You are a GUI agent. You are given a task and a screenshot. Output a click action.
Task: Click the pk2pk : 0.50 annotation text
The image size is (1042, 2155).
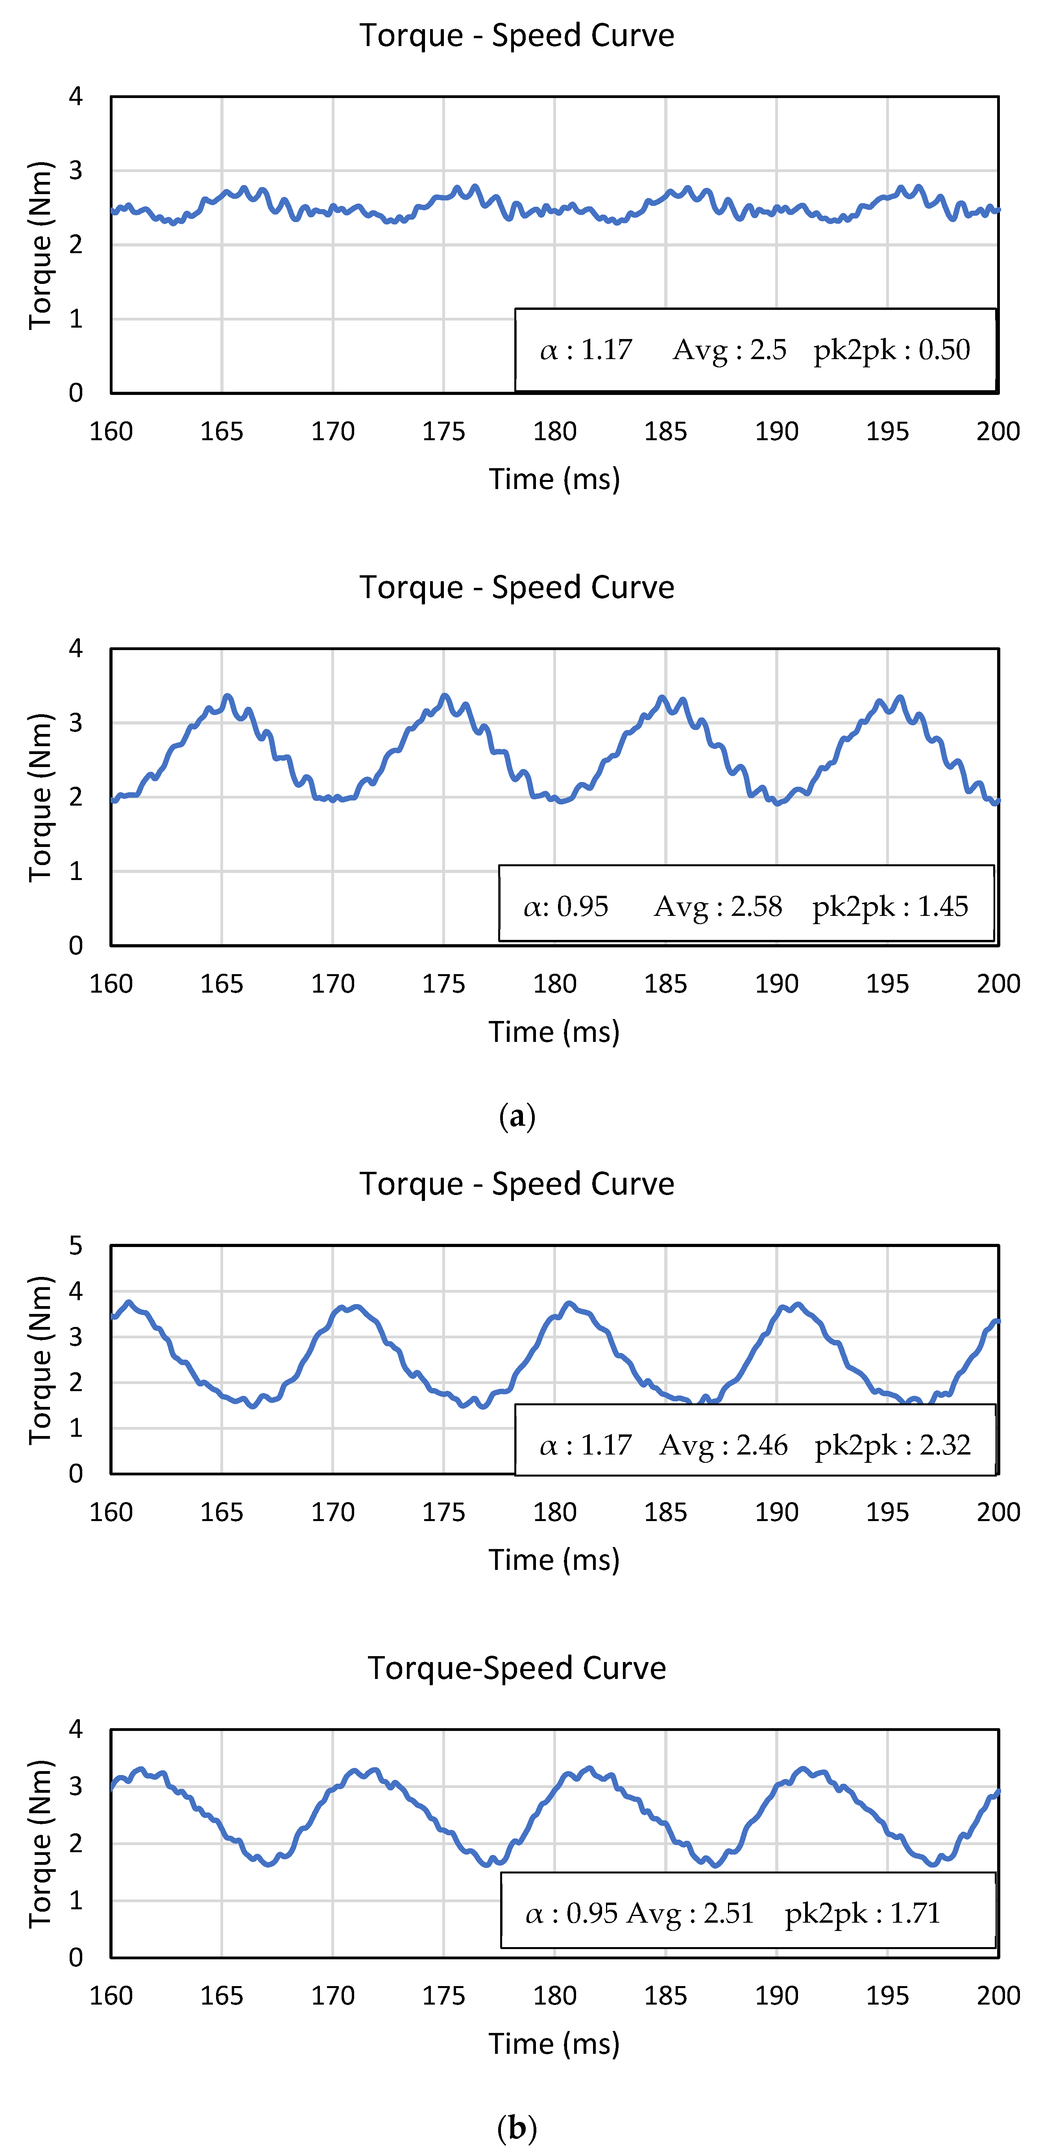point(891,350)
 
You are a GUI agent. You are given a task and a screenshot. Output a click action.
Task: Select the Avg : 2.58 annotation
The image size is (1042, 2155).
point(717,906)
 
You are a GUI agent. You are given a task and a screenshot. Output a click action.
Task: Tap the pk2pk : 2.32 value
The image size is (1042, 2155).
point(892,1445)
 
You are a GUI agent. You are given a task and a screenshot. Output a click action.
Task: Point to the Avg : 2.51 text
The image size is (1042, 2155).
point(690,1912)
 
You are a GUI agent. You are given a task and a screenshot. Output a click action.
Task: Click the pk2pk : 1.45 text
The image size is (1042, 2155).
point(890,906)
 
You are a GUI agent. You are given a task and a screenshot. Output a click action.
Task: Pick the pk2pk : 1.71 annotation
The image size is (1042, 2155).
point(862,1912)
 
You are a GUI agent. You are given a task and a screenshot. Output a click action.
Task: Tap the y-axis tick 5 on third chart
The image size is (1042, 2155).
point(76,1246)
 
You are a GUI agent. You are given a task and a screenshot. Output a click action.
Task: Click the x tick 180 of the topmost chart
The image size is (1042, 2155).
point(554,432)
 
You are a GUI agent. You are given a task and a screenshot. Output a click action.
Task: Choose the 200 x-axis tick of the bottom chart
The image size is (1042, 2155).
point(998,1995)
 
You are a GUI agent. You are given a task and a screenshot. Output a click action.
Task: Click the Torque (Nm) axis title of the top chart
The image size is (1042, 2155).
point(40,245)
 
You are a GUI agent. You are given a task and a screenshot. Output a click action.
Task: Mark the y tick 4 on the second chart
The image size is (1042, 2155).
point(76,649)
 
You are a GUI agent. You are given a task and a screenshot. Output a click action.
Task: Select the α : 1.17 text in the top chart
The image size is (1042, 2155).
point(586,350)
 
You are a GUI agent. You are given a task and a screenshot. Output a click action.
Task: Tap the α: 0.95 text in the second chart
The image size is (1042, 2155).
point(566,906)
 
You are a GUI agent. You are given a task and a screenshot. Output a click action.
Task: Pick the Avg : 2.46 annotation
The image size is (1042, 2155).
point(723,1445)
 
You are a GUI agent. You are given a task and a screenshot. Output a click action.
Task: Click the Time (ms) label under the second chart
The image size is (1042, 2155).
point(554,1032)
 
